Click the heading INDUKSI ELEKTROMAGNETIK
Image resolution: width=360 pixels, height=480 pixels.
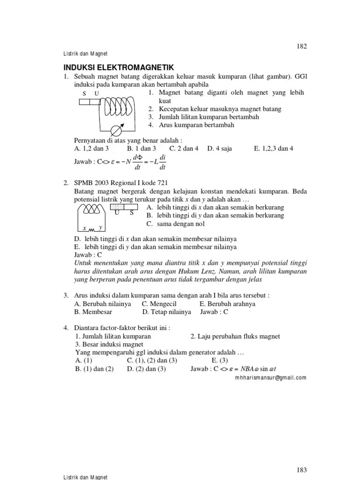point(119,67)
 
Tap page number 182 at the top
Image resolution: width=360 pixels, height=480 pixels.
point(300,46)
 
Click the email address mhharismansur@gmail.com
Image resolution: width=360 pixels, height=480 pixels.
point(270,377)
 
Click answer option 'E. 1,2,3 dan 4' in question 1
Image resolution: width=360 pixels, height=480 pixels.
point(274,149)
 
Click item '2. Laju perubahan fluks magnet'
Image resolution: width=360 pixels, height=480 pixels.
point(235,337)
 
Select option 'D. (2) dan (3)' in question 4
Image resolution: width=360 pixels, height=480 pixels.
point(146,369)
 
